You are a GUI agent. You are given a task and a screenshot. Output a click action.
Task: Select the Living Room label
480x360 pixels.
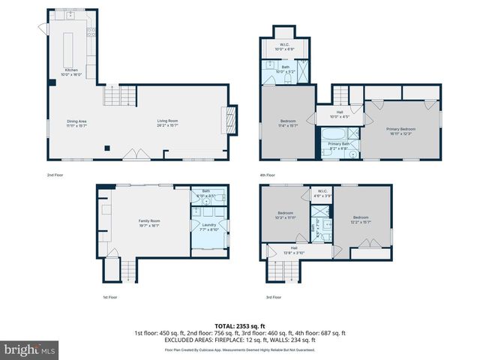point(166,122)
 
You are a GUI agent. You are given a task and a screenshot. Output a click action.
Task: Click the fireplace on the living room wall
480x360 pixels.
point(232,121)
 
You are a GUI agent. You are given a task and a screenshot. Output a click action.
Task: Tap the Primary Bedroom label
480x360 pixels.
point(400,130)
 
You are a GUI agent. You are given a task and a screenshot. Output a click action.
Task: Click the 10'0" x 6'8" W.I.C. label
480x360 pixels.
point(285,46)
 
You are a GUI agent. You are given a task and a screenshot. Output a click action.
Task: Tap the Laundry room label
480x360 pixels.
point(209,226)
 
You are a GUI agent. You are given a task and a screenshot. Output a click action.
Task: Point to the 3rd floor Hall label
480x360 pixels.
point(294,250)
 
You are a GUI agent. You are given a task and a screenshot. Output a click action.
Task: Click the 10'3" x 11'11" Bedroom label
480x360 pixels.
point(285,215)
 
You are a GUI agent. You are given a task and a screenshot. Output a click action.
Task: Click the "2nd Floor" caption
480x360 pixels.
point(55,175)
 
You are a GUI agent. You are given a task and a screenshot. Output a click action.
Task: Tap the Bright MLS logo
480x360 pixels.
point(30,349)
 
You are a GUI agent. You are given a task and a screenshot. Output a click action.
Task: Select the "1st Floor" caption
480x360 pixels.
point(110,297)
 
